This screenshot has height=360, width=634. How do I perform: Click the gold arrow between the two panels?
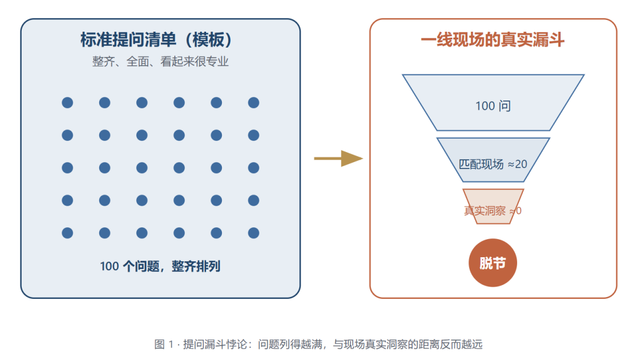[339, 159]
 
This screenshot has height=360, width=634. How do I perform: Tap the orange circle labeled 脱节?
[493, 263]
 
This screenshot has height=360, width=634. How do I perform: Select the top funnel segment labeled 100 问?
[493, 103]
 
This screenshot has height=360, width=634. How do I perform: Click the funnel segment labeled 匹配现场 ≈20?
[493, 160]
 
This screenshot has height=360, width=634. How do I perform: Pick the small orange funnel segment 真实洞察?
[493, 206]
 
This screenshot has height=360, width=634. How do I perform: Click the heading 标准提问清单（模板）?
[157, 39]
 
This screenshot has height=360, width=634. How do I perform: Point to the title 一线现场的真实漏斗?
[493, 39]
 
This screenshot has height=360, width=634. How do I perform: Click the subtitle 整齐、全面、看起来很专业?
[160, 62]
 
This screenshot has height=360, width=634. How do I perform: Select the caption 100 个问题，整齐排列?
[160, 266]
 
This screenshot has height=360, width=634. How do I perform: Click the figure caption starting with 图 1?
[318, 344]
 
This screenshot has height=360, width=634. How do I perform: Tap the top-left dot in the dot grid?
[68, 103]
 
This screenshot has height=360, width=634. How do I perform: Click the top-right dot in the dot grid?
[254, 103]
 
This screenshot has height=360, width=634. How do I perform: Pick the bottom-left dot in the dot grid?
[68, 233]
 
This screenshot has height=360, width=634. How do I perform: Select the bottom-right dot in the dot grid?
[254, 233]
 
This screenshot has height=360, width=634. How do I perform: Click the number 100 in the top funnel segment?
[485, 106]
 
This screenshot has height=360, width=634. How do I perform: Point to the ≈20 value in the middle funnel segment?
[517, 164]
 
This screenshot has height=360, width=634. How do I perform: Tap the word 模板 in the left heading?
[208, 39]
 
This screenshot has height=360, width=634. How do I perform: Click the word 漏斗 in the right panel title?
[549, 39]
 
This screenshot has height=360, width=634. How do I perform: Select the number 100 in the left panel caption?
[109, 267]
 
